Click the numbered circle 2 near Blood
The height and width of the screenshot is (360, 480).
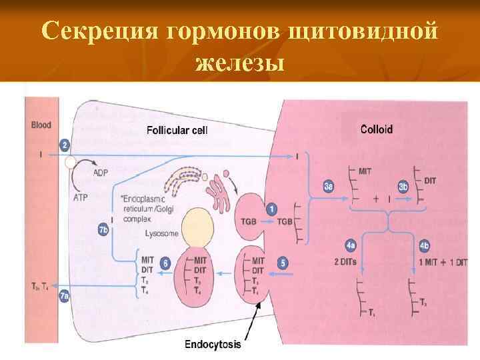[65, 145]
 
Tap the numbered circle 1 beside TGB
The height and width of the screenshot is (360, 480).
[271, 209]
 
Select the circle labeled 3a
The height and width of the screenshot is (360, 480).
[328, 188]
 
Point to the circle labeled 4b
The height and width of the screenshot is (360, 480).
[423, 244]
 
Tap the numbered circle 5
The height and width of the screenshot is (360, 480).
[283, 264]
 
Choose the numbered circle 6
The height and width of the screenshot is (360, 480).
[165, 264]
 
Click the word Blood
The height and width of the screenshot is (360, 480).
[41, 125]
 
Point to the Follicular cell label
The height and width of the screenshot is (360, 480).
[177, 130]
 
